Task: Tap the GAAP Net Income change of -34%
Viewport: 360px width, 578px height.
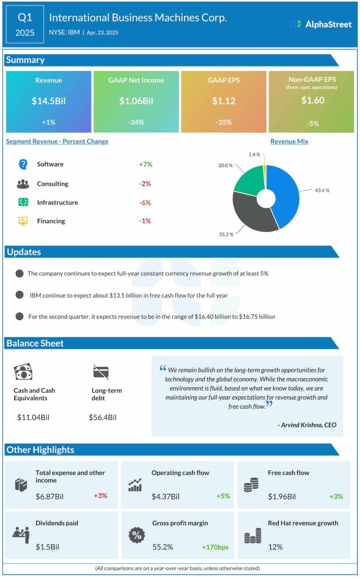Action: pyautogui.click(x=135, y=122)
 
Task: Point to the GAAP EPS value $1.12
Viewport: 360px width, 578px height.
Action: pyautogui.click(x=223, y=101)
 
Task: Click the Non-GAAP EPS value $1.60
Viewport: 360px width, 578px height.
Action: pyautogui.click(x=311, y=101)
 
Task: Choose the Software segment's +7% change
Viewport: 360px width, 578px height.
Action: pyautogui.click(x=146, y=164)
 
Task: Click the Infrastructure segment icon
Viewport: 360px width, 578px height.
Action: pyautogui.click(x=23, y=203)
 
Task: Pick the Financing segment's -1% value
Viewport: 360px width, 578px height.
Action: pyautogui.click(x=145, y=221)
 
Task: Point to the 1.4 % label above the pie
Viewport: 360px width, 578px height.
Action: pyautogui.click(x=254, y=154)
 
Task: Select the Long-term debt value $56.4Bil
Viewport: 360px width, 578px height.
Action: pyautogui.click(x=103, y=417)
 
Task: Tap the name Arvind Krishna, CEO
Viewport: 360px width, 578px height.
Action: pyautogui.click(x=308, y=425)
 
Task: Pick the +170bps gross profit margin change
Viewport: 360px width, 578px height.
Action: pyautogui.click(x=214, y=547)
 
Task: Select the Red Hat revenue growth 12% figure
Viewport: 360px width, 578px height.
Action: pyautogui.click(x=276, y=547)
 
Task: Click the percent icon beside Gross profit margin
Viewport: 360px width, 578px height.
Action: pyautogui.click(x=135, y=535)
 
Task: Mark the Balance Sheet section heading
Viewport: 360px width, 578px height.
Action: pyautogui.click(x=35, y=343)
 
